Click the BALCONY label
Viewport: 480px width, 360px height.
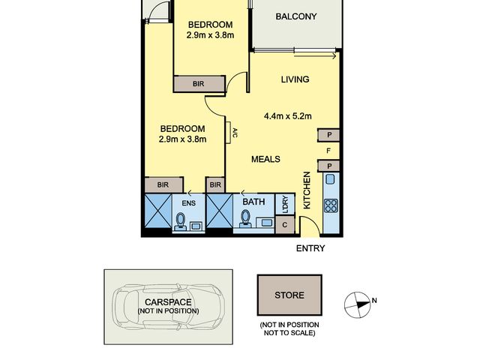pyautogui.click(x=296, y=16)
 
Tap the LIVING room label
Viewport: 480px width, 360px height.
pyautogui.click(x=295, y=79)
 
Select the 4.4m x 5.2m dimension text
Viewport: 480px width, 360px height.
pyautogui.click(x=288, y=116)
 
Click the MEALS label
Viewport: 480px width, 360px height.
pyautogui.click(x=265, y=159)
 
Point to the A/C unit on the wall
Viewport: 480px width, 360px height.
pyautogui.click(x=229, y=133)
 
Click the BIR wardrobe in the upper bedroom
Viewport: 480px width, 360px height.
pyautogui.click(x=199, y=83)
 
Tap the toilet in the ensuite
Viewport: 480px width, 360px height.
pyautogui.click(x=181, y=221)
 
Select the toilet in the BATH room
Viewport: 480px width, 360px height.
pyautogui.click(x=245, y=219)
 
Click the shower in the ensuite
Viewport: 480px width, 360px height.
pyautogui.click(x=158, y=211)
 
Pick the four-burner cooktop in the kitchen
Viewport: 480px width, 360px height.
pyautogui.click(x=331, y=205)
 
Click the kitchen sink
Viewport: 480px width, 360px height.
pyautogui.click(x=330, y=179)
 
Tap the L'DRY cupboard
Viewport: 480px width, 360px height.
pyautogui.click(x=285, y=204)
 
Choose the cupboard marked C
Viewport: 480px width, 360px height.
pyautogui.click(x=285, y=225)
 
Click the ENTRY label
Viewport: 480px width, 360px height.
pyautogui.click(x=310, y=248)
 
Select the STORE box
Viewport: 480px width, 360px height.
pyautogui.click(x=289, y=295)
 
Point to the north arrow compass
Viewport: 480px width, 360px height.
pyautogui.click(x=358, y=305)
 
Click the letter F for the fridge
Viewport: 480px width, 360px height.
pyautogui.click(x=328, y=151)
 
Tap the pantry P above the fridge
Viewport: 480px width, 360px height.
pyautogui.click(x=328, y=135)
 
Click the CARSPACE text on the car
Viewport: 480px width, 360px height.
pyautogui.click(x=168, y=302)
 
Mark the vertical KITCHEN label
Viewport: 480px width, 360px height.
pyautogui.click(x=307, y=190)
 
